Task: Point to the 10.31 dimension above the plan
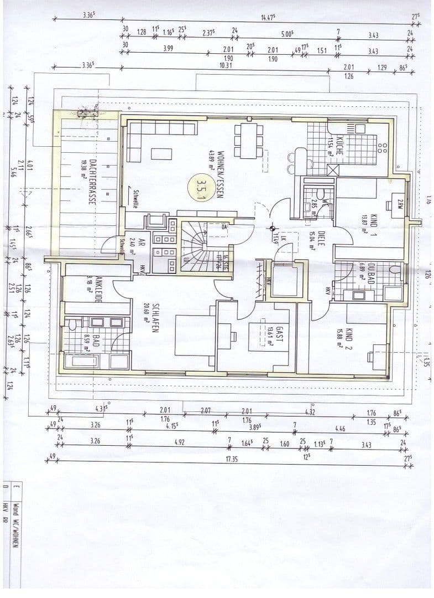click(228, 65)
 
